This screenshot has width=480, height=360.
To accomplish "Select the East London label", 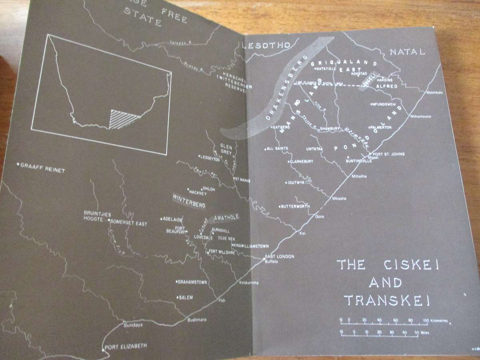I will click(x=281, y=256).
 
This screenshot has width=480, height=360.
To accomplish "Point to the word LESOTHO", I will click(x=266, y=46).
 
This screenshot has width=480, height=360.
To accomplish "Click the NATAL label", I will click(x=407, y=52).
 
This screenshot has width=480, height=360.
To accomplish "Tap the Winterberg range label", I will click(x=189, y=202).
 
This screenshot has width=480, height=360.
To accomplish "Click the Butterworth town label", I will click(x=296, y=206).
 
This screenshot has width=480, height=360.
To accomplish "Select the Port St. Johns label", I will click(x=388, y=154).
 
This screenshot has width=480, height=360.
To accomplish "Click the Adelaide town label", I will click(x=173, y=219).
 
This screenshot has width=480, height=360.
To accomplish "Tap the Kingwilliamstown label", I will click(x=251, y=246).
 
